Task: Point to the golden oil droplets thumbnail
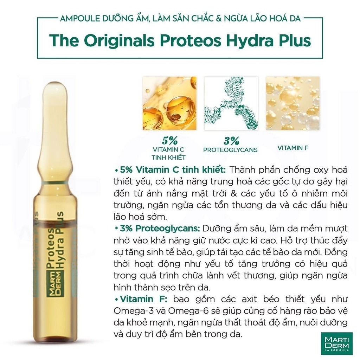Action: pos(169,103)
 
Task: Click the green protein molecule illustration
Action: pos(231,103)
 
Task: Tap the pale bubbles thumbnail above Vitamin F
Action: pos(293,103)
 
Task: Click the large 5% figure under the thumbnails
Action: pos(170,141)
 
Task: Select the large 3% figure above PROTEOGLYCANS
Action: pos(231,141)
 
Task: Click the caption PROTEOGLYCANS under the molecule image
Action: pos(230,150)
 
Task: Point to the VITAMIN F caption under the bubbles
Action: pos(293,148)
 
